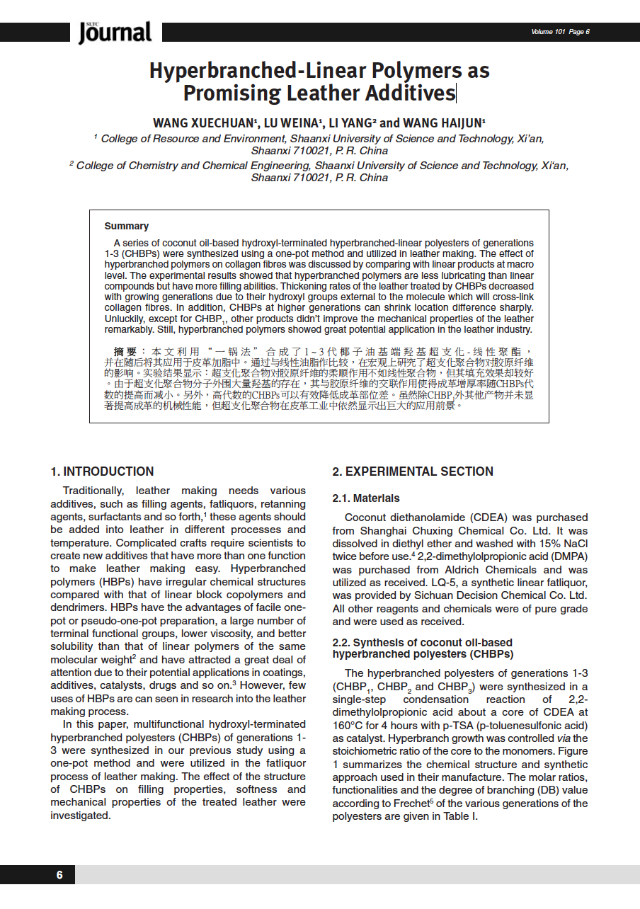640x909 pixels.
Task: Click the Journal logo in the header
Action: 115,33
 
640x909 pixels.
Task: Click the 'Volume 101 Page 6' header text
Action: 560,32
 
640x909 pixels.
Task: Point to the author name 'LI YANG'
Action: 351,123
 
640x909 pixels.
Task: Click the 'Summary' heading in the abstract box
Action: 127,227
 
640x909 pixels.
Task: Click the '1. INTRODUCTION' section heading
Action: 102,471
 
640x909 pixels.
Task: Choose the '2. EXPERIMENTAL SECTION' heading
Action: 413,471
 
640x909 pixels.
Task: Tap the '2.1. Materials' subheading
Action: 366,498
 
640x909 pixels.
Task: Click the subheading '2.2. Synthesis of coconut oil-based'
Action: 423,643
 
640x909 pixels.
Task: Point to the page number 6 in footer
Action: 60,875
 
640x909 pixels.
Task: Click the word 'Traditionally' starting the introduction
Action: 92,491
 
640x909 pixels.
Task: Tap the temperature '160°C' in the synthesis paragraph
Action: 348,726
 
